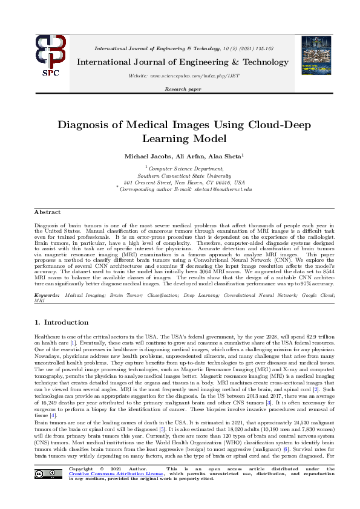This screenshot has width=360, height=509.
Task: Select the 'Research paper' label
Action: coord(180,89)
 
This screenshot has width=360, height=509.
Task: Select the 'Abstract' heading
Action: coord(47,212)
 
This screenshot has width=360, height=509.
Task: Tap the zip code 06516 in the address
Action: coord(214,183)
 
